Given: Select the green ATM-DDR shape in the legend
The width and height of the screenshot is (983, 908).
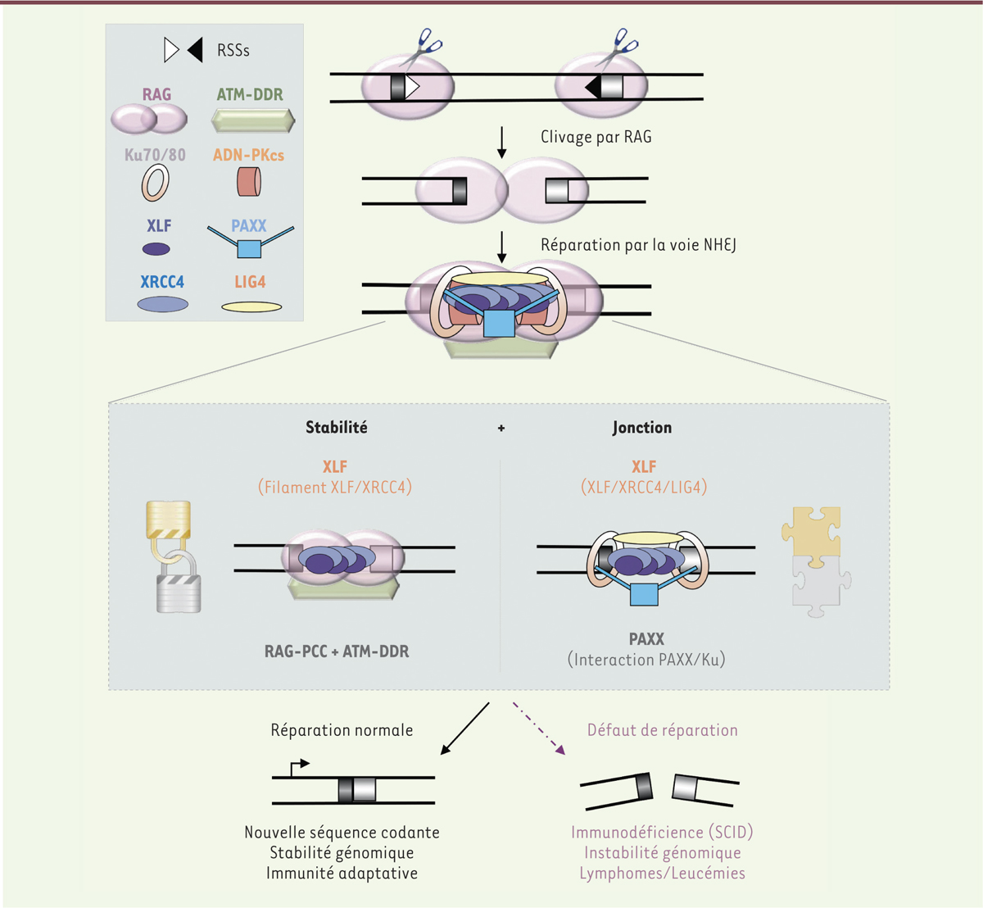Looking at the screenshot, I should pyautogui.click(x=253, y=121).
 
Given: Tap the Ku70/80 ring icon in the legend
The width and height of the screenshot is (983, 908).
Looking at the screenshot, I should pyautogui.click(x=155, y=183).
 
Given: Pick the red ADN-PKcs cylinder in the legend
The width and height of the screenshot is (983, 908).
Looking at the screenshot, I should pyautogui.click(x=249, y=181).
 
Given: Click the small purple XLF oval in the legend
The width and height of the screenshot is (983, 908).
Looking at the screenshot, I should pyautogui.click(x=156, y=249).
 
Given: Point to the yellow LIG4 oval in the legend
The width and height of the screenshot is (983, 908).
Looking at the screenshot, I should pyautogui.click(x=251, y=307).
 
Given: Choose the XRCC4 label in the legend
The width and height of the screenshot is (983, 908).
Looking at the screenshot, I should pyautogui.click(x=162, y=282).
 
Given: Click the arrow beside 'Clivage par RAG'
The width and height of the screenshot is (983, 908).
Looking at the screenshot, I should pyautogui.click(x=502, y=143).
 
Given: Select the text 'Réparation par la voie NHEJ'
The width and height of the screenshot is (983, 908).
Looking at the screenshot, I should pyautogui.click(x=638, y=244).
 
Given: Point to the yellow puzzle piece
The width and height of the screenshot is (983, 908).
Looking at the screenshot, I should pyautogui.click(x=811, y=535).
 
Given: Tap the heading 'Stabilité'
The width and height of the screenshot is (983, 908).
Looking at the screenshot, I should pyautogui.click(x=337, y=427).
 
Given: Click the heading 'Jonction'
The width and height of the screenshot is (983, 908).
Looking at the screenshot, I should pyautogui.click(x=642, y=427).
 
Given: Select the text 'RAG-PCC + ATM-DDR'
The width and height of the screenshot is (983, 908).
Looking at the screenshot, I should pyautogui.click(x=337, y=651).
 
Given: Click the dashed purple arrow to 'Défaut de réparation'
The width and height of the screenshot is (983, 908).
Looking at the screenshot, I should pyautogui.click(x=539, y=727).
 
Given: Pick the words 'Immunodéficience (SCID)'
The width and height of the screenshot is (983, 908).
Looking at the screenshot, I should pyautogui.click(x=662, y=833).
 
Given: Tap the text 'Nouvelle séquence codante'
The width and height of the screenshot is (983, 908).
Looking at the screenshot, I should pyautogui.click(x=342, y=833).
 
